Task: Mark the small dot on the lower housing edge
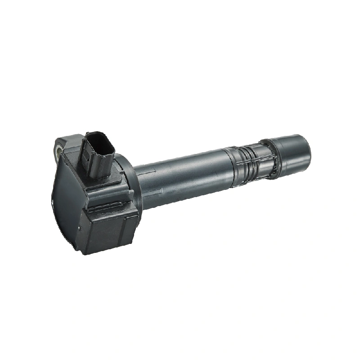click(x=80, y=228)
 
